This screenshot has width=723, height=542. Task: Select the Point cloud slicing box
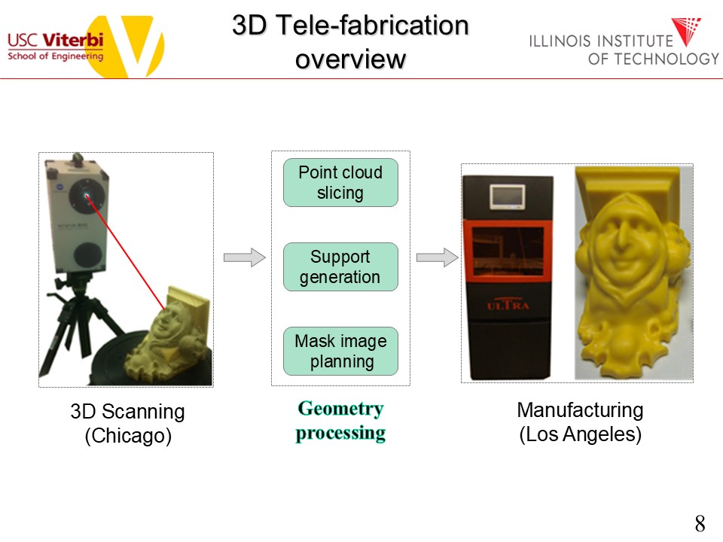point(340,182)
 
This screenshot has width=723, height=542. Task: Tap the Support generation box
point(340,266)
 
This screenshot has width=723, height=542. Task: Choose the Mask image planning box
point(340,351)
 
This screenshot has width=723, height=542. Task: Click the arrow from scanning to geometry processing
point(245,258)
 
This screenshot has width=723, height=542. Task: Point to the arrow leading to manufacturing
point(438,258)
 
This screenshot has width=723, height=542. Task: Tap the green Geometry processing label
point(340,421)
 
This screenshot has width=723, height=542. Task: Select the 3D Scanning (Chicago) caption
point(127,423)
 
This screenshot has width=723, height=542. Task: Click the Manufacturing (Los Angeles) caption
point(580,422)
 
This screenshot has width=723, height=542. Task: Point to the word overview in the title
point(350,59)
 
